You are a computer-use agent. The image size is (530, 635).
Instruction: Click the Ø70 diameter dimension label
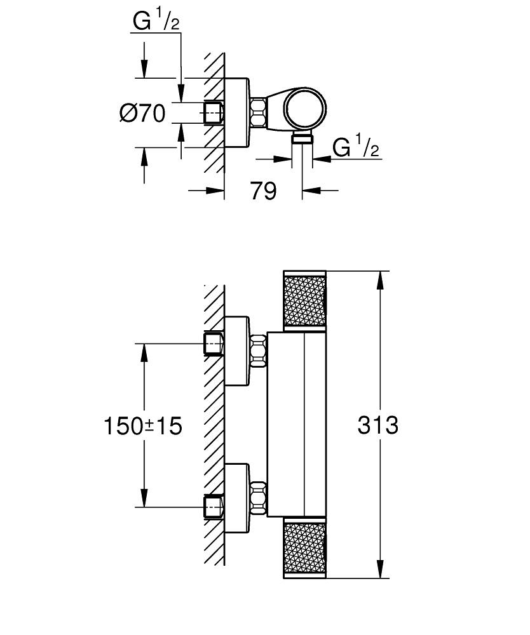(142, 114)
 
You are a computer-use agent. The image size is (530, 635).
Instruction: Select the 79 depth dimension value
(263, 190)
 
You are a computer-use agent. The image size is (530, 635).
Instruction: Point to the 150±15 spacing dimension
(142, 425)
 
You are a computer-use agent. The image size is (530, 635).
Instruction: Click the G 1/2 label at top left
(156, 22)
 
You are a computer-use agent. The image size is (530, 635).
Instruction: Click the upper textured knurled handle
(304, 299)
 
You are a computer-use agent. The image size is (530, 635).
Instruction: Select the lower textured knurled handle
(304, 548)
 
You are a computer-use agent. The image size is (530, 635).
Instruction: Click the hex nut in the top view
(257, 113)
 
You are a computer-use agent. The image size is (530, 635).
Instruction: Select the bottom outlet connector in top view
(302, 139)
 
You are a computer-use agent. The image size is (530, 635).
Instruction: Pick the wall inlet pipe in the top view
(213, 113)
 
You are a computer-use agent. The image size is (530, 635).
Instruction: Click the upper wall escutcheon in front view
(236, 351)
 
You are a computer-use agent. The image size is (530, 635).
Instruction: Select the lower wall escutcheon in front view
(236, 498)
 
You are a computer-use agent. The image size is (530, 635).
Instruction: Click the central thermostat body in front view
(296, 424)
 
